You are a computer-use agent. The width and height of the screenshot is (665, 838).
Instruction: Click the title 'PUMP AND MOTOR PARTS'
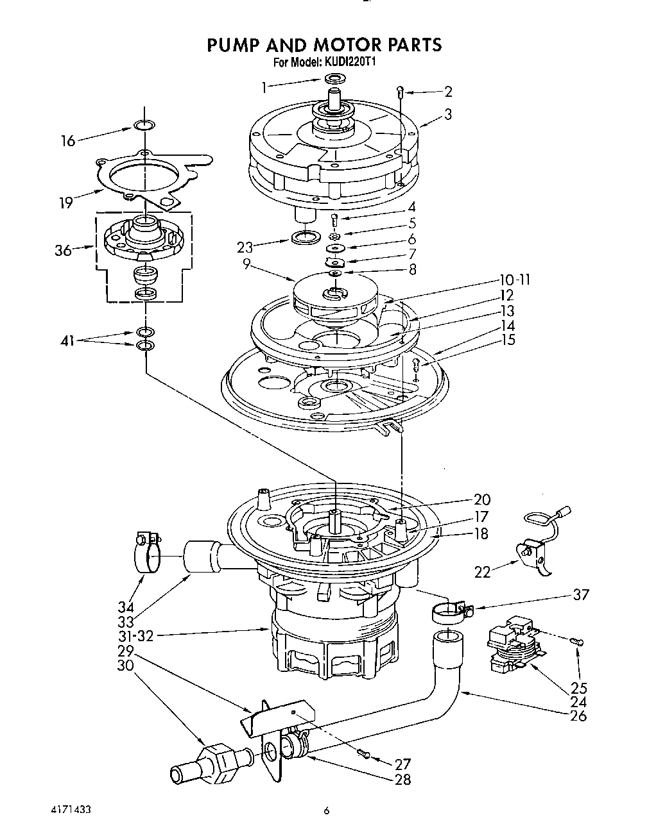pyautogui.click(x=324, y=44)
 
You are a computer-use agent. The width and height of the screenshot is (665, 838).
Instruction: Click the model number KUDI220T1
pyautogui.click(x=350, y=63)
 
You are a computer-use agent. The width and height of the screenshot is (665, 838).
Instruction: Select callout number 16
pyautogui.click(x=68, y=140)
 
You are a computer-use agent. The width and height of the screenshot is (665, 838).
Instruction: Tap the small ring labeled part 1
pyautogui.click(x=333, y=79)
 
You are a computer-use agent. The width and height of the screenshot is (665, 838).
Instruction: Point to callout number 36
pyautogui.click(x=63, y=250)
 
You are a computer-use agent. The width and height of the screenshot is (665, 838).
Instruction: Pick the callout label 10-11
pyautogui.click(x=515, y=280)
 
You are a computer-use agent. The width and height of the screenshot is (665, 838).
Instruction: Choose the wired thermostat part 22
pyautogui.click(x=534, y=550)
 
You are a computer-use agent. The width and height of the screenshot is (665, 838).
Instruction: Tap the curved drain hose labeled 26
pyautogui.click(x=443, y=680)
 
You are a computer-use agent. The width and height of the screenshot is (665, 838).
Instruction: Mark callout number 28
pyautogui.click(x=403, y=779)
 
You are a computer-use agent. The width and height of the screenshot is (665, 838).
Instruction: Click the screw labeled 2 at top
pyautogui.click(x=401, y=92)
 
